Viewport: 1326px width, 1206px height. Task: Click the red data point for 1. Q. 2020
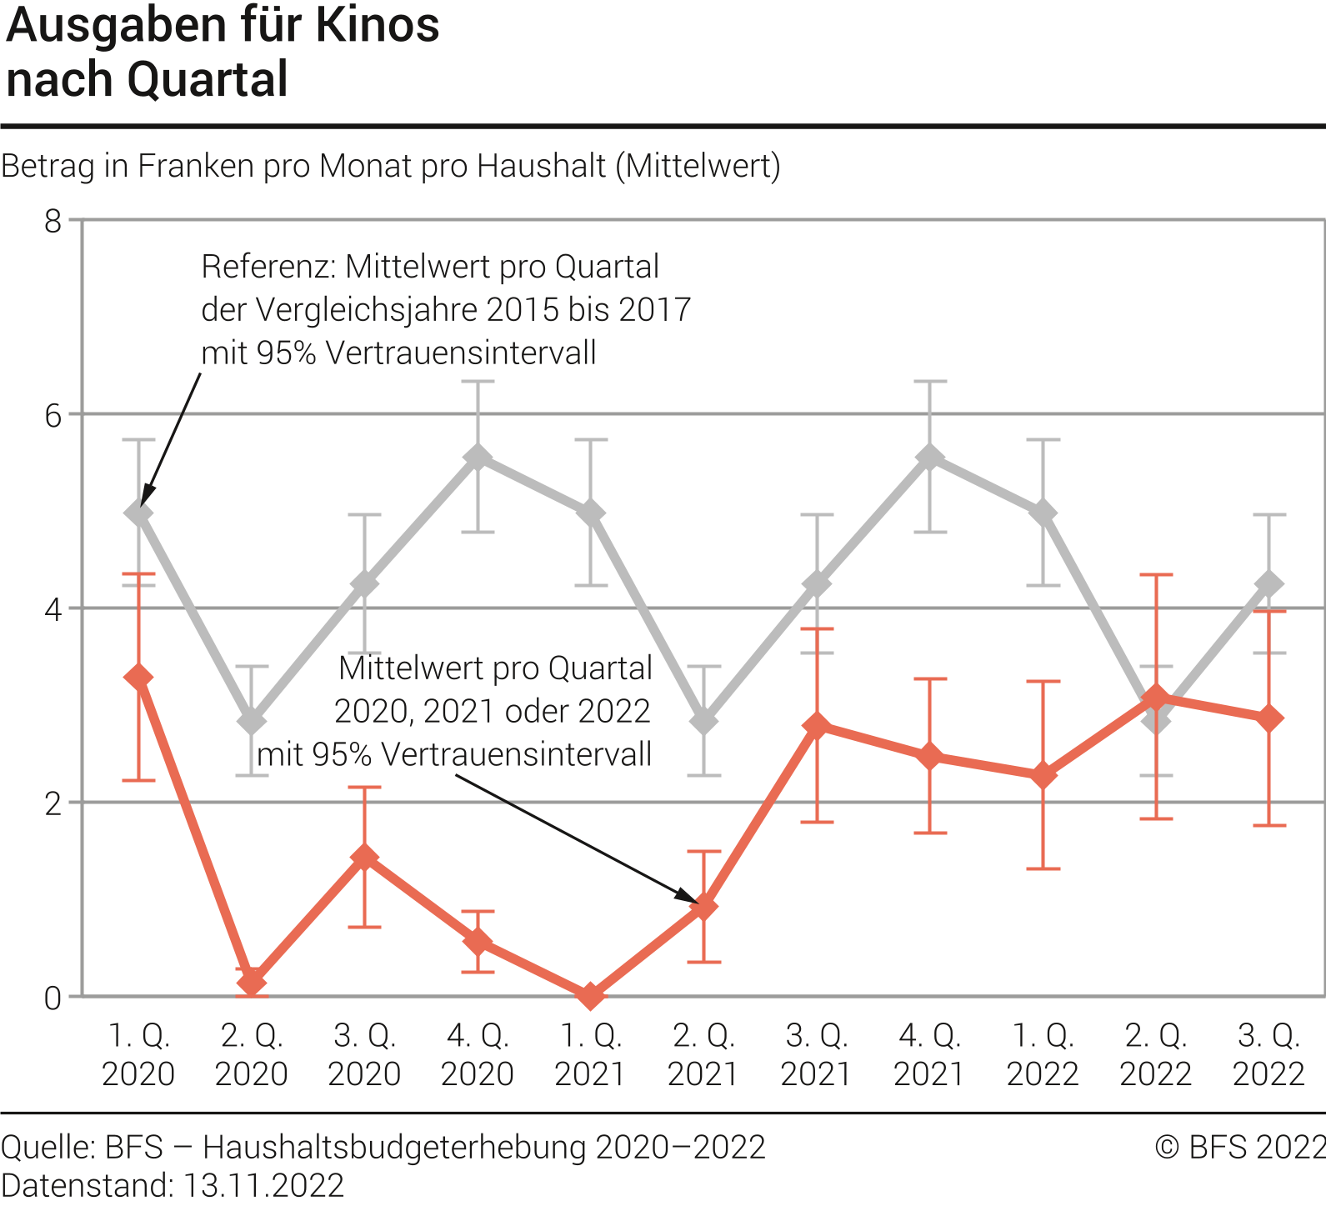(138, 678)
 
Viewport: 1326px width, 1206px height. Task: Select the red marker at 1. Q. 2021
(591, 995)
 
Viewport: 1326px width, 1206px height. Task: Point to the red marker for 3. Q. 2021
(818, 725)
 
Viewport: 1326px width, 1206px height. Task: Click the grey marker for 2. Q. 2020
(252, 720)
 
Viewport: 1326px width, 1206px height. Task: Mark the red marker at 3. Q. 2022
(1269, 718)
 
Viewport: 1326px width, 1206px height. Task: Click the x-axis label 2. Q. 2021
(703, 1054)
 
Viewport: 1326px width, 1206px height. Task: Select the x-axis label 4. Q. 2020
(478, 1054)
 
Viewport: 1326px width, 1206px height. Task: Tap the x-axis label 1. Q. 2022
(1043, 1054)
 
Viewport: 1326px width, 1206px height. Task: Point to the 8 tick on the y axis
(53, 221)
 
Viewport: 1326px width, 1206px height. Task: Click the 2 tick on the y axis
(53, 803)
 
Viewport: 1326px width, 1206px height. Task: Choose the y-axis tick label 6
(53, 415)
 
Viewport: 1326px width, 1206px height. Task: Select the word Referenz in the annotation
(267, 267)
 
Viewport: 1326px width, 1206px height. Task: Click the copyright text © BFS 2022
(1239, 1148)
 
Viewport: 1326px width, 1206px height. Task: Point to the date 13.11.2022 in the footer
(263, 1185)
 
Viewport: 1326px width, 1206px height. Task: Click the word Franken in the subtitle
(196, 166)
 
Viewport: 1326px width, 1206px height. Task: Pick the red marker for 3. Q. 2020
(365, 858)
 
